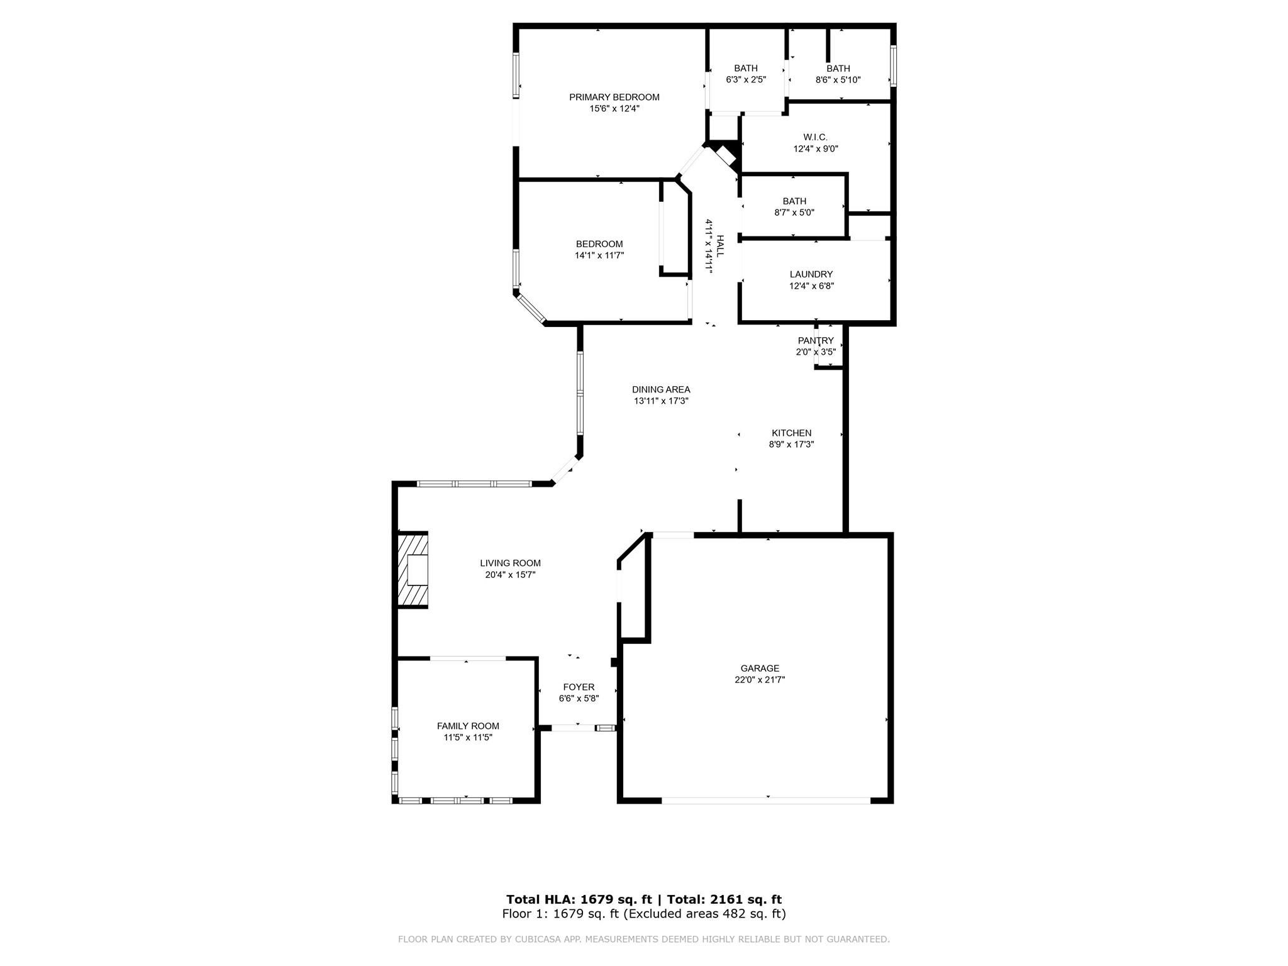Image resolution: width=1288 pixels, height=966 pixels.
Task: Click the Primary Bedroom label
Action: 614,97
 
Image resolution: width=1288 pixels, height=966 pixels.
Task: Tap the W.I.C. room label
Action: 815,138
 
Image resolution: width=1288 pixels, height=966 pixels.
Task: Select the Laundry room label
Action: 811,275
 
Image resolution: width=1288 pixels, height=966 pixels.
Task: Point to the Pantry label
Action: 816,341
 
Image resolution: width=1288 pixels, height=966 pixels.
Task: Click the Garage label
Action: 760,669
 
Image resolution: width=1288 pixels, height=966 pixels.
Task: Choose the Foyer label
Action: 579,687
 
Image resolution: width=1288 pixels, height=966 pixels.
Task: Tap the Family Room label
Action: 468,726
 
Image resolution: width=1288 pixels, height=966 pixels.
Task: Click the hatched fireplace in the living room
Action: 413,570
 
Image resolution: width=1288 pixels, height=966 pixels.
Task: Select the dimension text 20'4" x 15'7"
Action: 510,575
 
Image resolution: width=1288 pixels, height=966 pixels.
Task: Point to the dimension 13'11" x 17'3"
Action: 661,401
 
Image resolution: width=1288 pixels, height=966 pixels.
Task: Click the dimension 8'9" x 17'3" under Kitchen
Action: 791,445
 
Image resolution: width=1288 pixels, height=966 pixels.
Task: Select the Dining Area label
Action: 661,390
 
